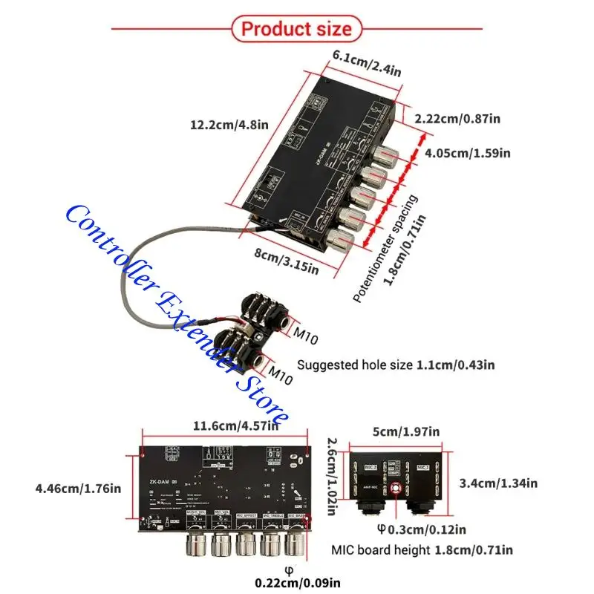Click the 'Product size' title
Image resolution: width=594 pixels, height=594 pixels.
click(296, 29)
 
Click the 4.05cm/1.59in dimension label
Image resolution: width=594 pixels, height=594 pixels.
click(467, 153)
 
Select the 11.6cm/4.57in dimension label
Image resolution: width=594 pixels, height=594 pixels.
click(235, 425)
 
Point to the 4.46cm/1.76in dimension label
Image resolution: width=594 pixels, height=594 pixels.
click(77, 489)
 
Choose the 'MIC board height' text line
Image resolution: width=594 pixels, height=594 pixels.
click(421, 550)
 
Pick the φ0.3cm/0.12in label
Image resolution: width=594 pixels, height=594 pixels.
click(421, 529)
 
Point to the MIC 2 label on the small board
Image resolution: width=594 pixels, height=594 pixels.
click(371, 466)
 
